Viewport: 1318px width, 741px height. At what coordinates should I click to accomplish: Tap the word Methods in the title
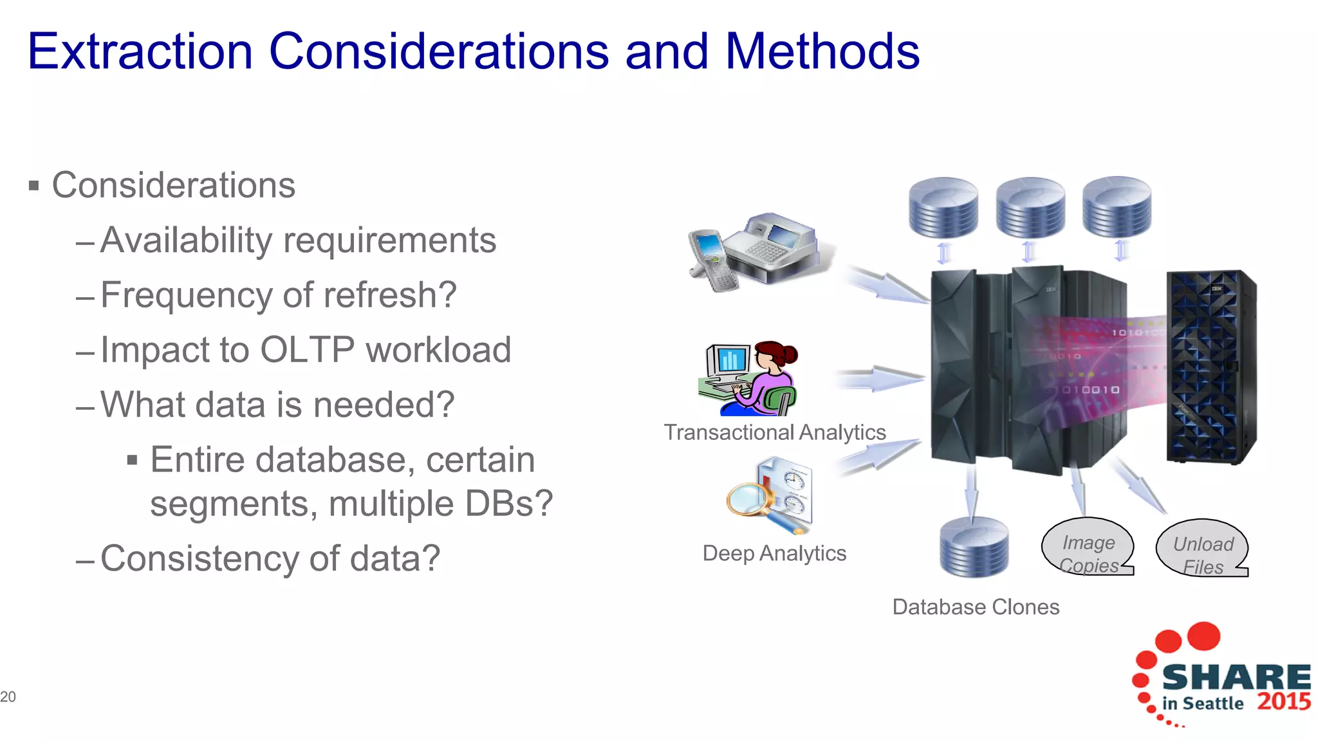tap(822, 51)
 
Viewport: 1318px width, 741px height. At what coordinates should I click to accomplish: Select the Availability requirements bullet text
tap(298, 241)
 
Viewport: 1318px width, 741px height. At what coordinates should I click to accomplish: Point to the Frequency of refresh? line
tap(278, 295)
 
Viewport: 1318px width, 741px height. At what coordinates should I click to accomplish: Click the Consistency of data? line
tap(270, 558)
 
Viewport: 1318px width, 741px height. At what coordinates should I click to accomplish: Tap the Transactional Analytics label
tap(775, 432)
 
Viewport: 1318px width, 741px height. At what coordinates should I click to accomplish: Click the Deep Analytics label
tap(774, 553)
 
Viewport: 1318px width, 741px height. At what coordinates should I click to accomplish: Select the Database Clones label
tap(976, 607)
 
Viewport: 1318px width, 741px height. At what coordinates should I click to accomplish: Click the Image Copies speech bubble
tap(1088, 547)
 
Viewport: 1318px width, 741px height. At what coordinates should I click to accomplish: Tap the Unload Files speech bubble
tap(1202, 549)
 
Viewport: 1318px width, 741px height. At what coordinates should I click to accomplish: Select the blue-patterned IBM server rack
tap(1210, 367)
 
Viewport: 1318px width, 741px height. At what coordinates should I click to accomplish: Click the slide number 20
tap(8, 697)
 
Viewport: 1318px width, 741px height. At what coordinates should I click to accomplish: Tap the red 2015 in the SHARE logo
tap(1283, 701)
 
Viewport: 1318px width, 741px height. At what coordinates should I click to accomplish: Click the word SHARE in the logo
tap(1236, 677)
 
